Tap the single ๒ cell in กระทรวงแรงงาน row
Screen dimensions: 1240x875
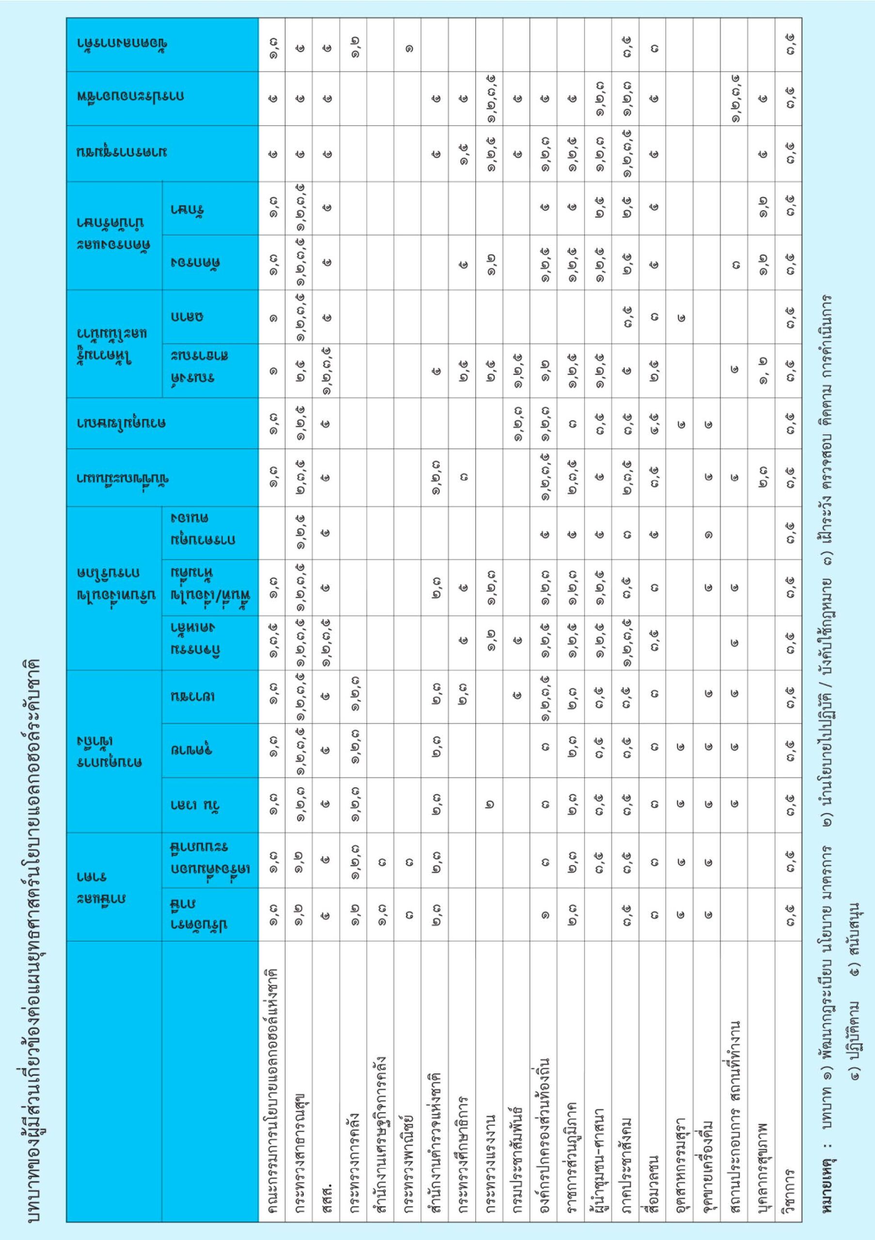pyautogui.click(x=490, y=804)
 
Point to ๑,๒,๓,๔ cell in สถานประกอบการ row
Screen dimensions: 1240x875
pyautogui.click(x=735, y=99)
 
